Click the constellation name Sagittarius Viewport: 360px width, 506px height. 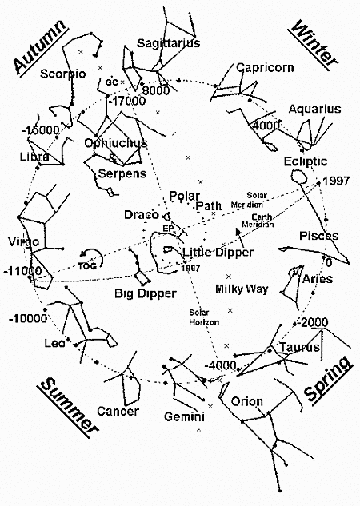pyautogui.click(x=168, y=43)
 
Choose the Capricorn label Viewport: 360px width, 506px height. pyautogui.click(x=264, y=68)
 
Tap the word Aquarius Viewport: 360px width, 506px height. pyautogui.click(x=314, y=109)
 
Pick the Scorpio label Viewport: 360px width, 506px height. pyautogui.click(x=63, y=74)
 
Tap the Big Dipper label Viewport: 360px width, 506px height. pyautogui.click(x=145, y=293)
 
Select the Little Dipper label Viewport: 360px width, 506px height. pyautogui.click(x=218, y=253)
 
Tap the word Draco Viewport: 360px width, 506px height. pyautogui.click(x=141, y=215)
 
